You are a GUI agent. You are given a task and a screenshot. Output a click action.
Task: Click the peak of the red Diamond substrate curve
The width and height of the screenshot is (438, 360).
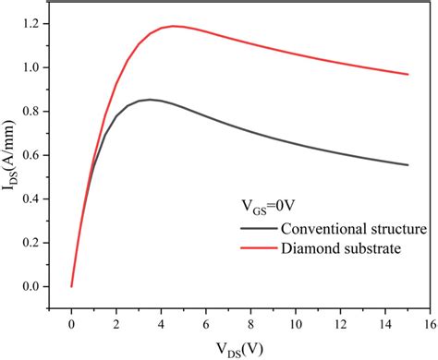(x=173, y=26)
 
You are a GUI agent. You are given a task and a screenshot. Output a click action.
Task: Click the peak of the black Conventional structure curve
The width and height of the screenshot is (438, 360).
(x=149, y=99)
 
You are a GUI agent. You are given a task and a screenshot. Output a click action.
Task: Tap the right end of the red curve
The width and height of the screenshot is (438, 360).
(x=408, y=74)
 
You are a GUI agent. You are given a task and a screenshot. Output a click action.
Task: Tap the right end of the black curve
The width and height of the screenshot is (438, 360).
(x=408, y=165)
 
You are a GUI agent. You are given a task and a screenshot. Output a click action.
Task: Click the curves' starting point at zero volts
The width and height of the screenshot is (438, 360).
(x=72, y=286)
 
